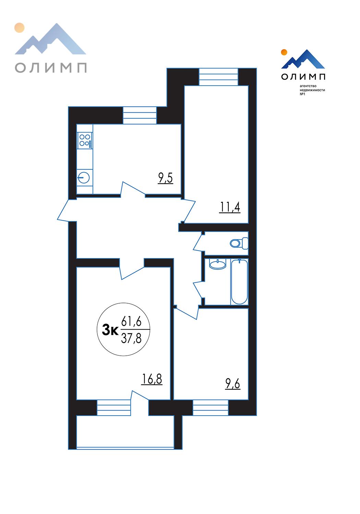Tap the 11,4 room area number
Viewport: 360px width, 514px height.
point(230,207)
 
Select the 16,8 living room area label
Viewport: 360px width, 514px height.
point(152,379)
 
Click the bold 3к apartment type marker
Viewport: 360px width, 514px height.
point(110,331)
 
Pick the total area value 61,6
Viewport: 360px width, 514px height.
point(131,321)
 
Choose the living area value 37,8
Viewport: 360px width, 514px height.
point(131,338)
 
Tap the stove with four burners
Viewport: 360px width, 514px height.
point(85,140)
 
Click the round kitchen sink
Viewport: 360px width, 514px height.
point(84,178)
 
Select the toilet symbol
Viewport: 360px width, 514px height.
point(239,243)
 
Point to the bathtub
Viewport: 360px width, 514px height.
point(239,282)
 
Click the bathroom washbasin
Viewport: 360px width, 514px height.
point(218,264)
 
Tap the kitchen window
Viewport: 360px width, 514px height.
point(140,115)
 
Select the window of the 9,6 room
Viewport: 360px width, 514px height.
point(211,407)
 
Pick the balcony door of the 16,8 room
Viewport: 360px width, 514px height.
point(140,395)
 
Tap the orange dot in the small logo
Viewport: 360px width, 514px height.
point(284,52)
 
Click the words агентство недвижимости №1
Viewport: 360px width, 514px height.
point(312,90)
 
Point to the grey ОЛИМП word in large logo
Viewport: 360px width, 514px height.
point(51,68)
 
